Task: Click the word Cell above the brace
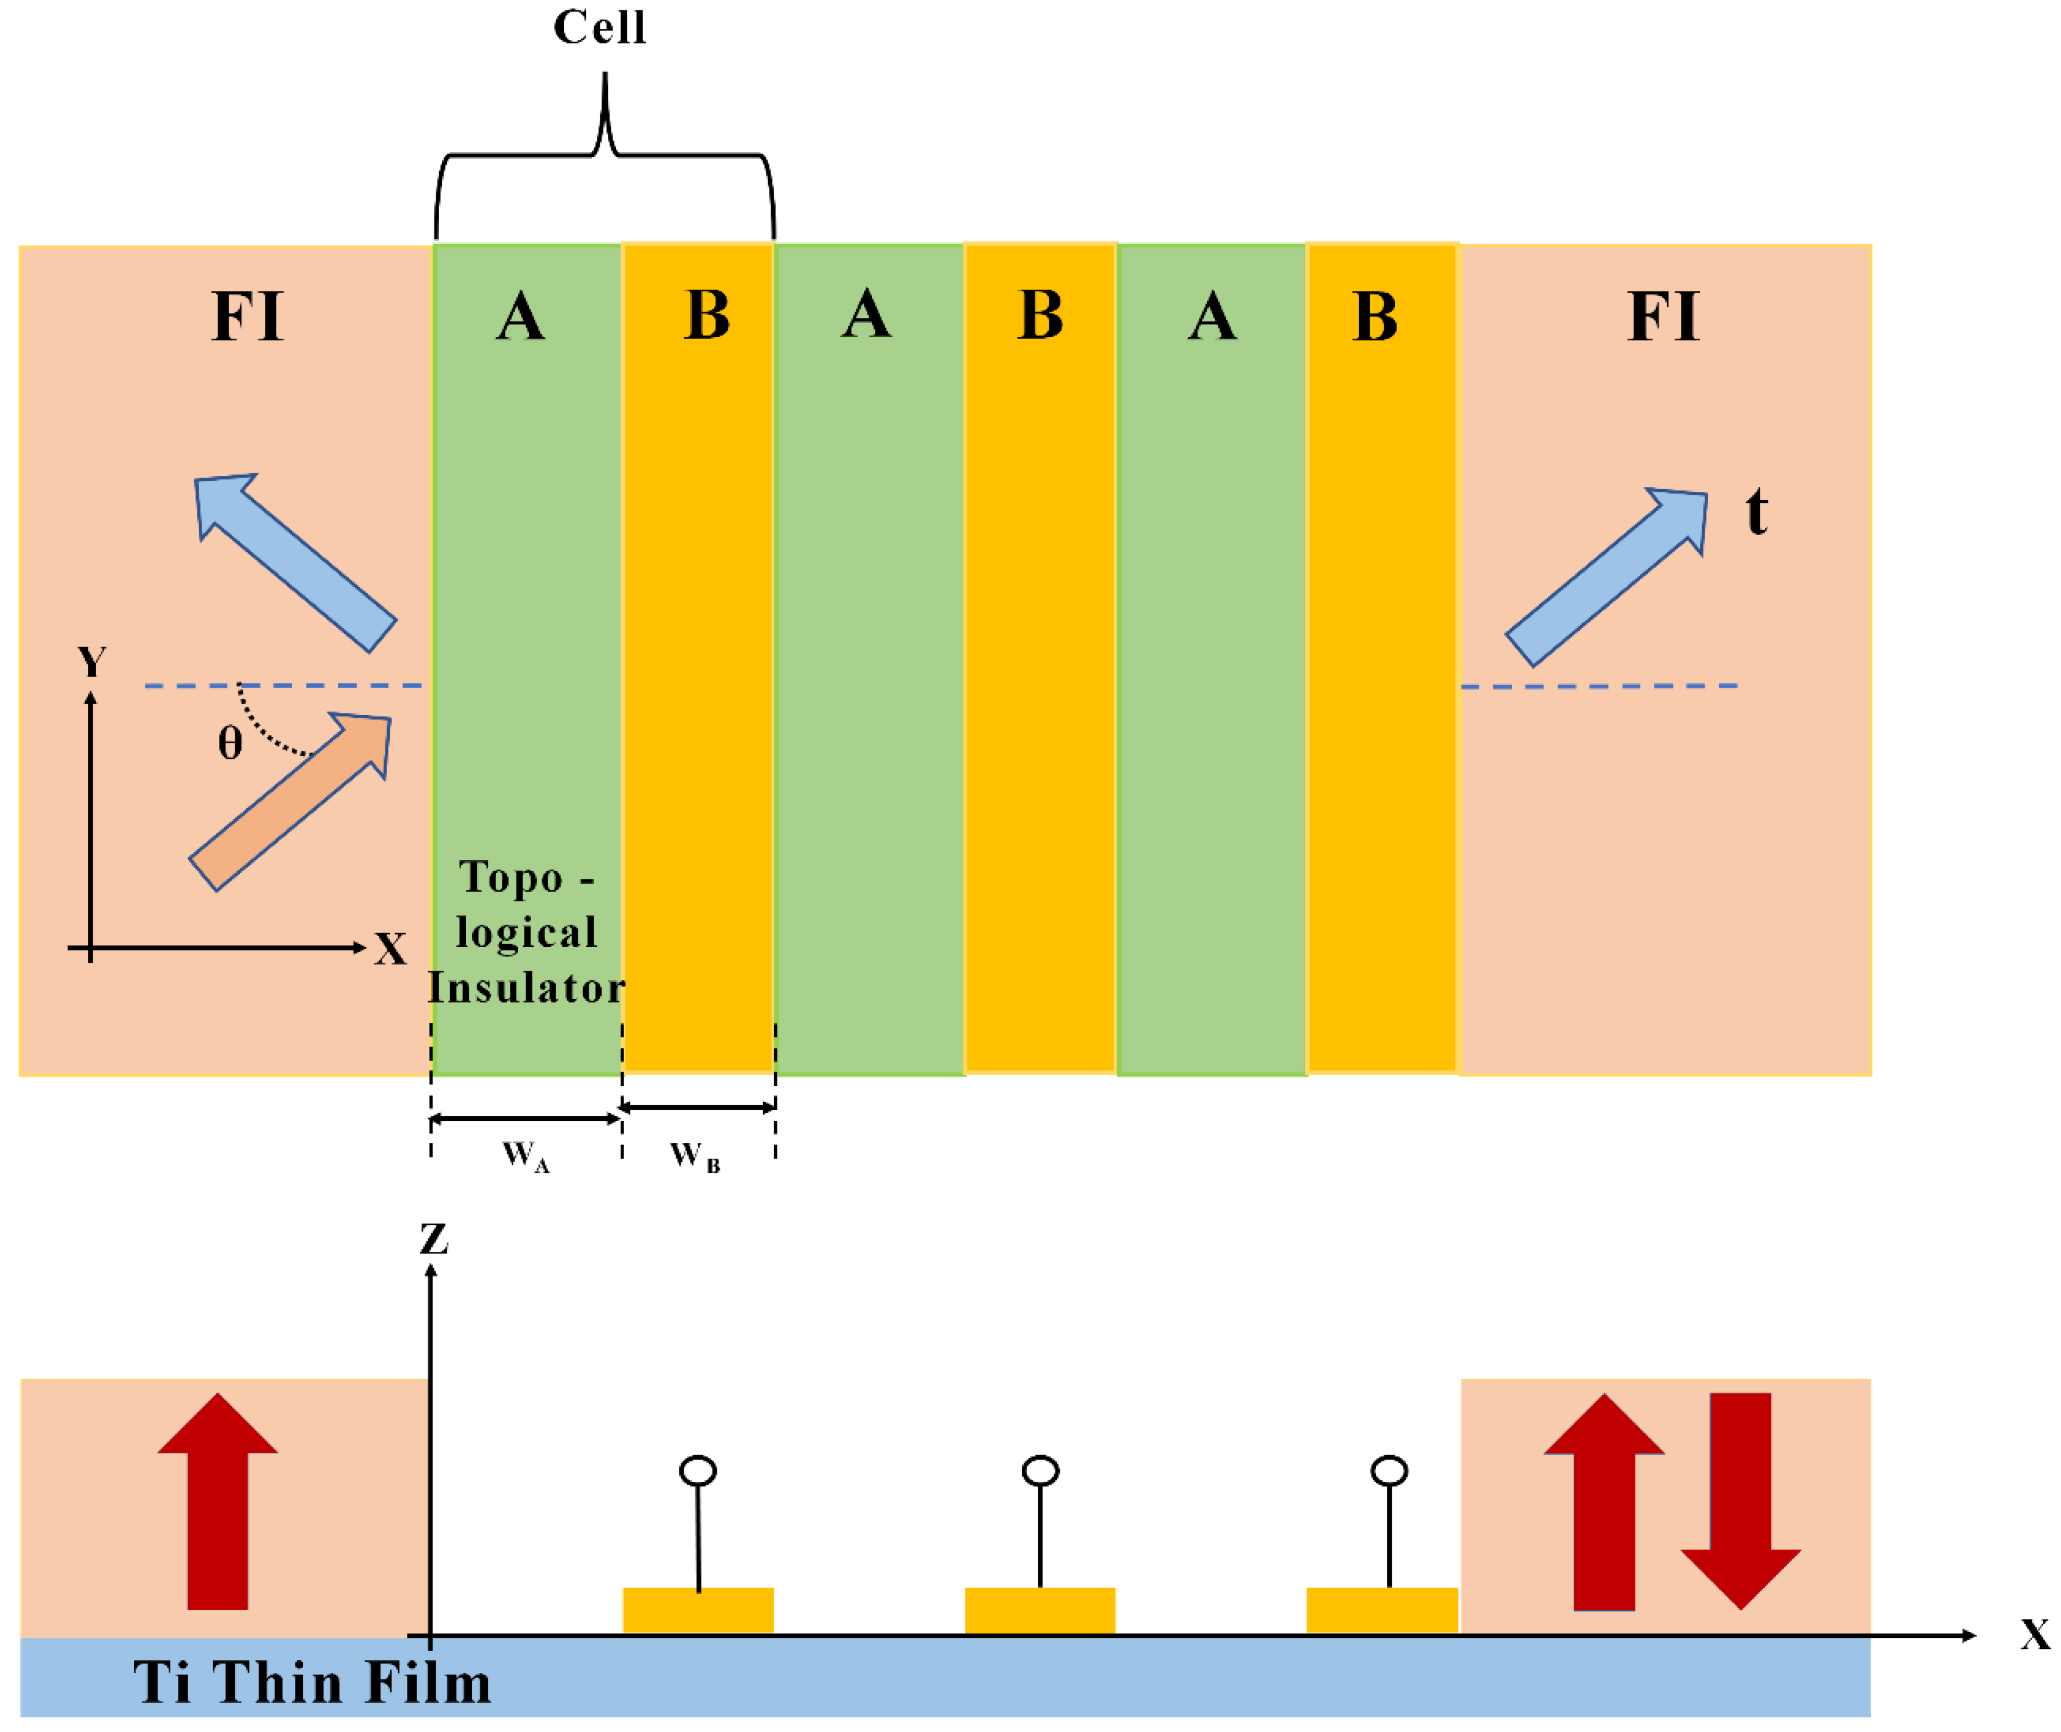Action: point(599,27)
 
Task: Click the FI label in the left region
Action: point(247,316)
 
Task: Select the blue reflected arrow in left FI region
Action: point(294,562)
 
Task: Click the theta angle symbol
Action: point(230,743)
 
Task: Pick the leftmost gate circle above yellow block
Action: point(698,1471)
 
